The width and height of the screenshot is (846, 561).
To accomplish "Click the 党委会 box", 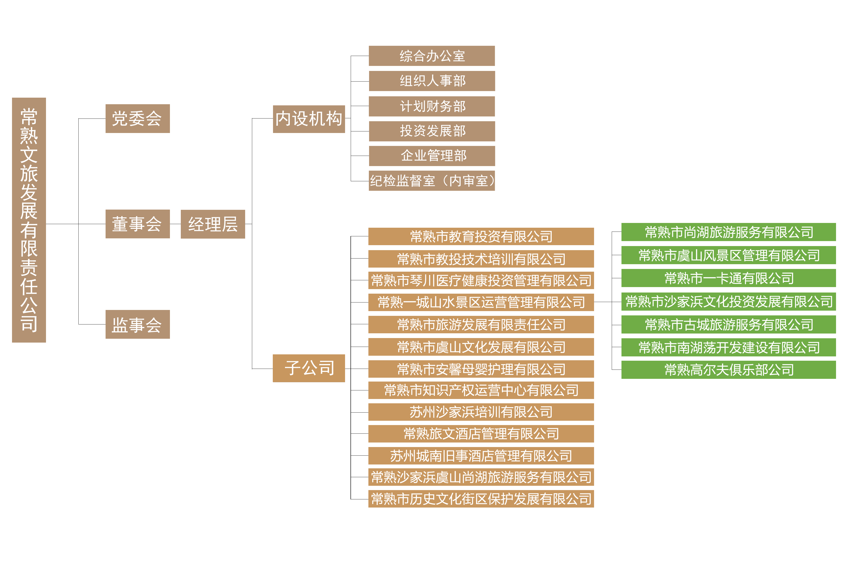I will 137,118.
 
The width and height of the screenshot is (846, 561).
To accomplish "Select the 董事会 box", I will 137,224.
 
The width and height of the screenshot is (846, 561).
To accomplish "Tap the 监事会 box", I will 137,324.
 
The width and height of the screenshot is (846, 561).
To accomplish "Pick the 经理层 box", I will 213,224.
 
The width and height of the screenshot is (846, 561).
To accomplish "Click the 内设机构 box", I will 309,119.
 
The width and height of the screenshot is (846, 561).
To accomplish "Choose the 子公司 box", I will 309,368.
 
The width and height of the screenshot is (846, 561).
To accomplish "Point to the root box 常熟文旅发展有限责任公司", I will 29,220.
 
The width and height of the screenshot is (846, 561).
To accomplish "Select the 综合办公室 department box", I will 432,56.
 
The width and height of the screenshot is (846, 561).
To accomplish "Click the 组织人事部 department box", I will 432,81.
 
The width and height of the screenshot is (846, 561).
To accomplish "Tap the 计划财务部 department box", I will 432,106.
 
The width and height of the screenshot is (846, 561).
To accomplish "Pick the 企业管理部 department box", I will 432,156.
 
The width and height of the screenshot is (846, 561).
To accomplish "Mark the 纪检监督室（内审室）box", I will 432,181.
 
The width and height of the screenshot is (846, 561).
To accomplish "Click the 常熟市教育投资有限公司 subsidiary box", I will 481,237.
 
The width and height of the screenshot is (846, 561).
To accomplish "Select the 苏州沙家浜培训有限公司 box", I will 481,412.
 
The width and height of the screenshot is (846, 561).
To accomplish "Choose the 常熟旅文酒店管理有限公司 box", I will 481,434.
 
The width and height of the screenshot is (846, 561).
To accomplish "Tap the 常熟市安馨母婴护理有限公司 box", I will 481,369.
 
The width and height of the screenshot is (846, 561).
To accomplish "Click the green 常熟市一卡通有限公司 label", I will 729,278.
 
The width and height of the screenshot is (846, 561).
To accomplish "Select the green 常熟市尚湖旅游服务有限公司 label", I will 729,232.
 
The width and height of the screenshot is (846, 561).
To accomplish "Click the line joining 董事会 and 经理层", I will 175,224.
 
